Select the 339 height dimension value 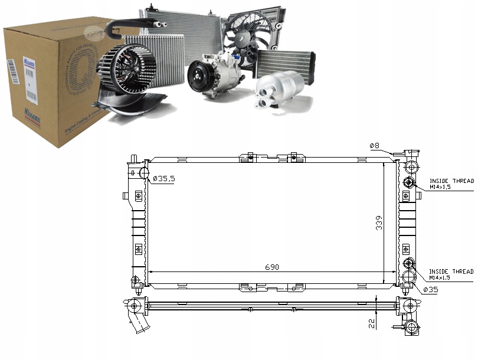tap(379, 222)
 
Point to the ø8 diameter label tap(374, 146)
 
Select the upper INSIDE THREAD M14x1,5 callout tap(451, 184)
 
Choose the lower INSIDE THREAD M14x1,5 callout tap(451, 274)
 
